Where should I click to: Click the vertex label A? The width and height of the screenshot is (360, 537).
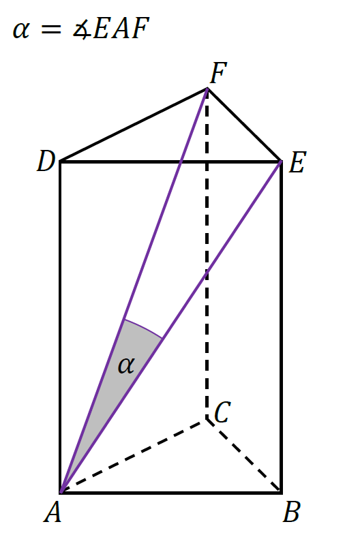[52, 512]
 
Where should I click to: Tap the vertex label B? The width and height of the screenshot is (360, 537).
[292, 512]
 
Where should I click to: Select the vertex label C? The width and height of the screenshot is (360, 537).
[222, 412]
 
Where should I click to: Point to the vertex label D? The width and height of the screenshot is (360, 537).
[46, 161]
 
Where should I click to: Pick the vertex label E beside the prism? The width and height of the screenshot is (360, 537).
[297, 163]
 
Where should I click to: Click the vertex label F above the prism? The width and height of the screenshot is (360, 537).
[218, 73]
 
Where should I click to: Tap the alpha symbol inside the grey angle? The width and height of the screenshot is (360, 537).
[126, 365]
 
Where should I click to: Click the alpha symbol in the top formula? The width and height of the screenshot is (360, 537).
[21, 30]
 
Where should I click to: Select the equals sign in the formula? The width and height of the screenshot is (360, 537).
[51, 30]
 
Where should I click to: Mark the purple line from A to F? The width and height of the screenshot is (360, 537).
[134, 290]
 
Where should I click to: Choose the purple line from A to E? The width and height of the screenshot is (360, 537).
[170, 326]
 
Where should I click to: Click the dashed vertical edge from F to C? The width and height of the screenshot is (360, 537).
[207, 254]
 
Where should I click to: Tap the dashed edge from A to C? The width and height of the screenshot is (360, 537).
[134, 455]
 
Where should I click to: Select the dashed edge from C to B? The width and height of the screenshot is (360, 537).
[244, 455]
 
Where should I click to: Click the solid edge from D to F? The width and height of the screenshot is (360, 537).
[134, 125]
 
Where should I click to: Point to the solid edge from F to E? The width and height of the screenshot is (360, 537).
[244, 124]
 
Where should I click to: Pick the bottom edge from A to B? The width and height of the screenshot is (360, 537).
[170, 493]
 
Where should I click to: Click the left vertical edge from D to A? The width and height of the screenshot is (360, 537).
[61, 326]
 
